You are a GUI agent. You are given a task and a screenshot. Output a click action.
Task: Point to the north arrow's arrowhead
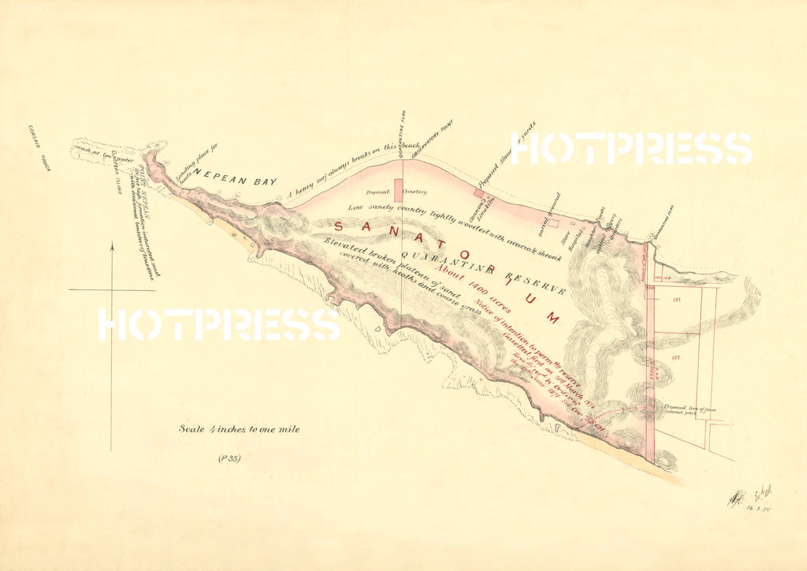[111, 246]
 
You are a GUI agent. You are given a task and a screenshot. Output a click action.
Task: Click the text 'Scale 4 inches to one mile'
[239, 430]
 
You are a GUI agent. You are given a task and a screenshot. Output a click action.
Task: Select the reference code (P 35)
[229, 458]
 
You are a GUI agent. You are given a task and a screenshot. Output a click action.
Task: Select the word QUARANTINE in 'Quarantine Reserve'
[448, 263]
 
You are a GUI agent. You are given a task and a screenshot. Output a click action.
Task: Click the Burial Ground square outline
[553, 223]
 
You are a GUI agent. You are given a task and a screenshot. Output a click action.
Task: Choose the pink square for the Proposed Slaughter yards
[478, 192]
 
